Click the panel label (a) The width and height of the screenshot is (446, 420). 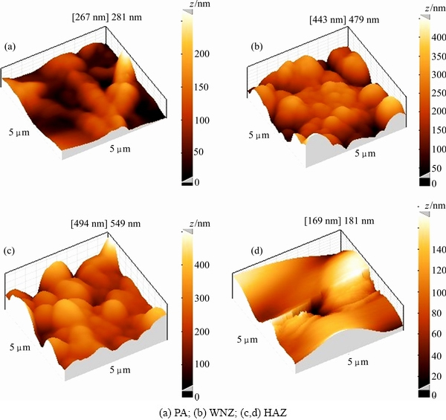(10, 47)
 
